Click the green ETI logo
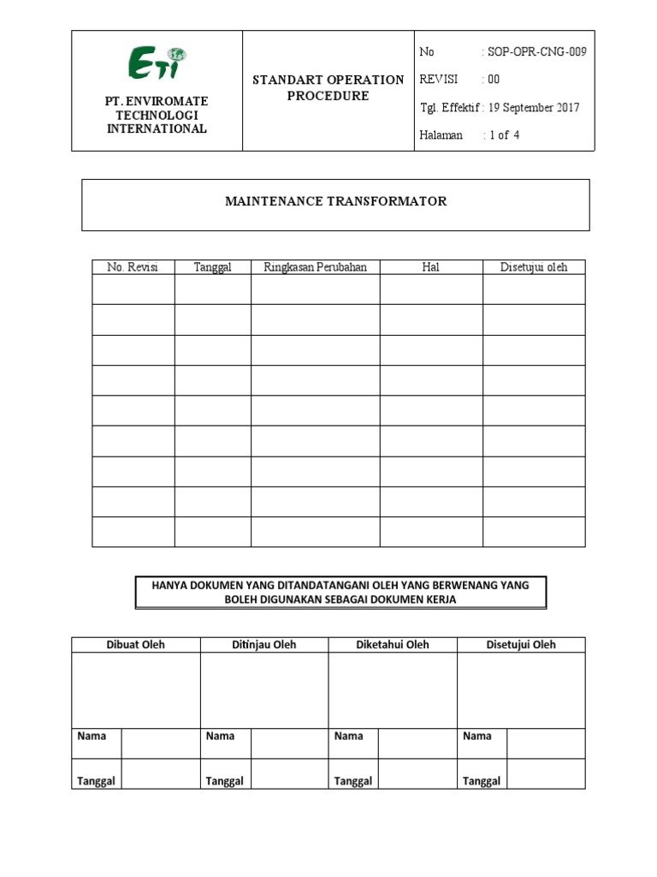point(157,63)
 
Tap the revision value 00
point(494,80)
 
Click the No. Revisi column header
point(133,267)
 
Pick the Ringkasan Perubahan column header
point(315,267)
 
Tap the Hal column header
point(430,267)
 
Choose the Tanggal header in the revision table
point(212,267)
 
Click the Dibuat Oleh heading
point(135,645)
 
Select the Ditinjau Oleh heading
point(264,645)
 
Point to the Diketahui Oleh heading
point(393,645)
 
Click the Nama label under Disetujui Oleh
point(477,736)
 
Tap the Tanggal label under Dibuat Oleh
point(97,780)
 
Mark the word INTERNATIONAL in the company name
point(157,128)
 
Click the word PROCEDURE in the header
point(328,96)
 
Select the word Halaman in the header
point(441,134)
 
